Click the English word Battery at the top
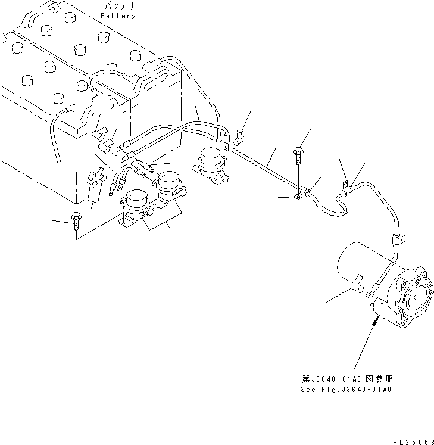pyautogui.click(x=118, y=16)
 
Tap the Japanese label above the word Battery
pyautogui.click(x=118, y=7)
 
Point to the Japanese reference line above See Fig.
pyautogui.click(x=345, y=379)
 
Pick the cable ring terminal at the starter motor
pyautogui.click(x=370, y=292)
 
